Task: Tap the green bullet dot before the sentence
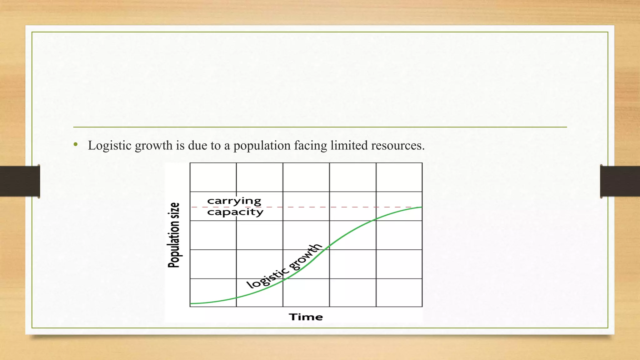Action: [75, 144]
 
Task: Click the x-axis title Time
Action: [306, 317]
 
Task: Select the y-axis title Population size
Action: [174, 235]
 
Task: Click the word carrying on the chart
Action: [234, 201]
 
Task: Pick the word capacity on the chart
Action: [235, 212]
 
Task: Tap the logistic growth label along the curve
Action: [284, 266]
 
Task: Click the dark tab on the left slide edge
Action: [20, 181]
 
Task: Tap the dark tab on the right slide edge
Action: [620, 181]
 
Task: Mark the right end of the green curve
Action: [421, 207]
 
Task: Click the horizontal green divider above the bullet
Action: [320, 127]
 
